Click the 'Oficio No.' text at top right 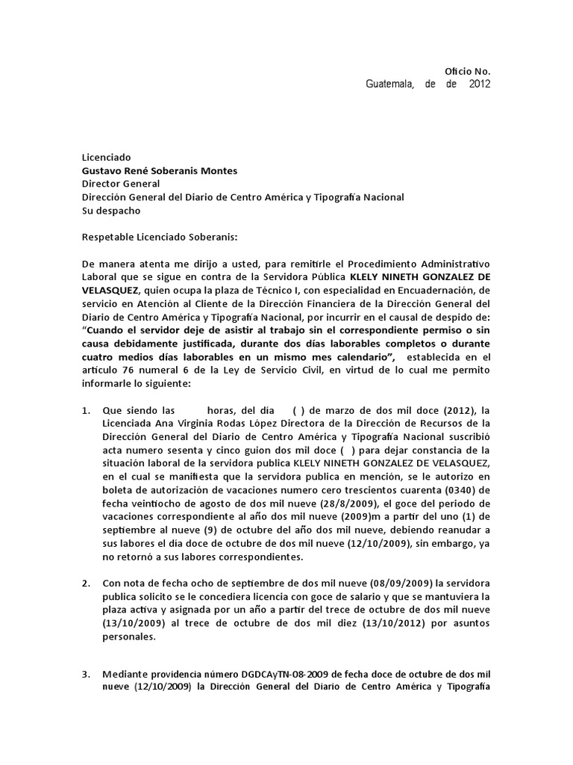(x=468, y=71)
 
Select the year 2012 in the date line (x=480, y=84)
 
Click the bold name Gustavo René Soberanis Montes (x=160, y=170)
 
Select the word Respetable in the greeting (x=107, y=237)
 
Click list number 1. (x=86, y=411)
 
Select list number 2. (x=86, y=581)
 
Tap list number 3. (x=86, y=675)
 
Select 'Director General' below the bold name (x=120, y=184)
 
